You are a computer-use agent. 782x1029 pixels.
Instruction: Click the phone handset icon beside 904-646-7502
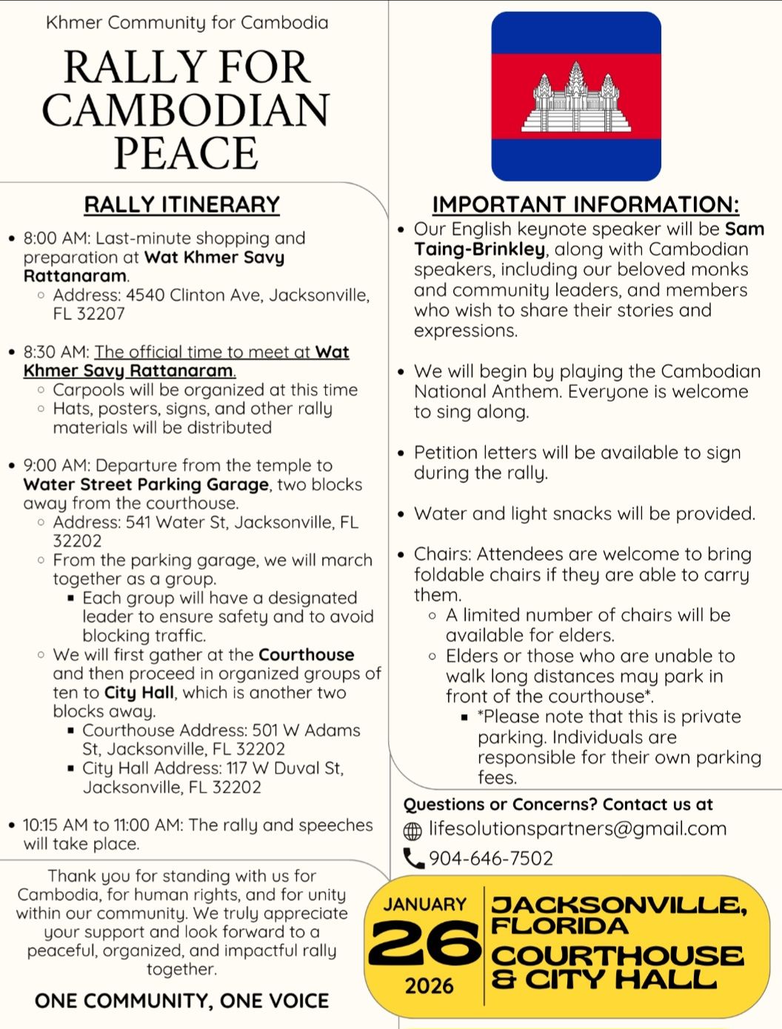412,859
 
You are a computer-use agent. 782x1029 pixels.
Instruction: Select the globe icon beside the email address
412,830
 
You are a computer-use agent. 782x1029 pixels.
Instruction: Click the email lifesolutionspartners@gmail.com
578,829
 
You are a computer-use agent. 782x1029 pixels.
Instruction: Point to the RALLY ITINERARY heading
181,204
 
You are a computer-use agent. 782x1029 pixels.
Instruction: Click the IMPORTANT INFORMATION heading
585,204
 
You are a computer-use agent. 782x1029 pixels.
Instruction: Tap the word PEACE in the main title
186,153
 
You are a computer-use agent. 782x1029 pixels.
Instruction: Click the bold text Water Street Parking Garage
146,484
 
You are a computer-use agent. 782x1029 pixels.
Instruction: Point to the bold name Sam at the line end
744,230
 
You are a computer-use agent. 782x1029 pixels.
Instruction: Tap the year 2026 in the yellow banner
429,986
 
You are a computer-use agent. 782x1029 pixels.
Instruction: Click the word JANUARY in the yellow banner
425,905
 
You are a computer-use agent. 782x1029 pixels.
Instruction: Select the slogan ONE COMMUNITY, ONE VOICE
181,1001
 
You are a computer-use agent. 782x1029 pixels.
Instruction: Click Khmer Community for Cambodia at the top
187,23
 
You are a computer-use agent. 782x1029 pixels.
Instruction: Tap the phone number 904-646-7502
491,859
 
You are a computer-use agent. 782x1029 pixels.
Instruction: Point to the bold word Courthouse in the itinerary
306,655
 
